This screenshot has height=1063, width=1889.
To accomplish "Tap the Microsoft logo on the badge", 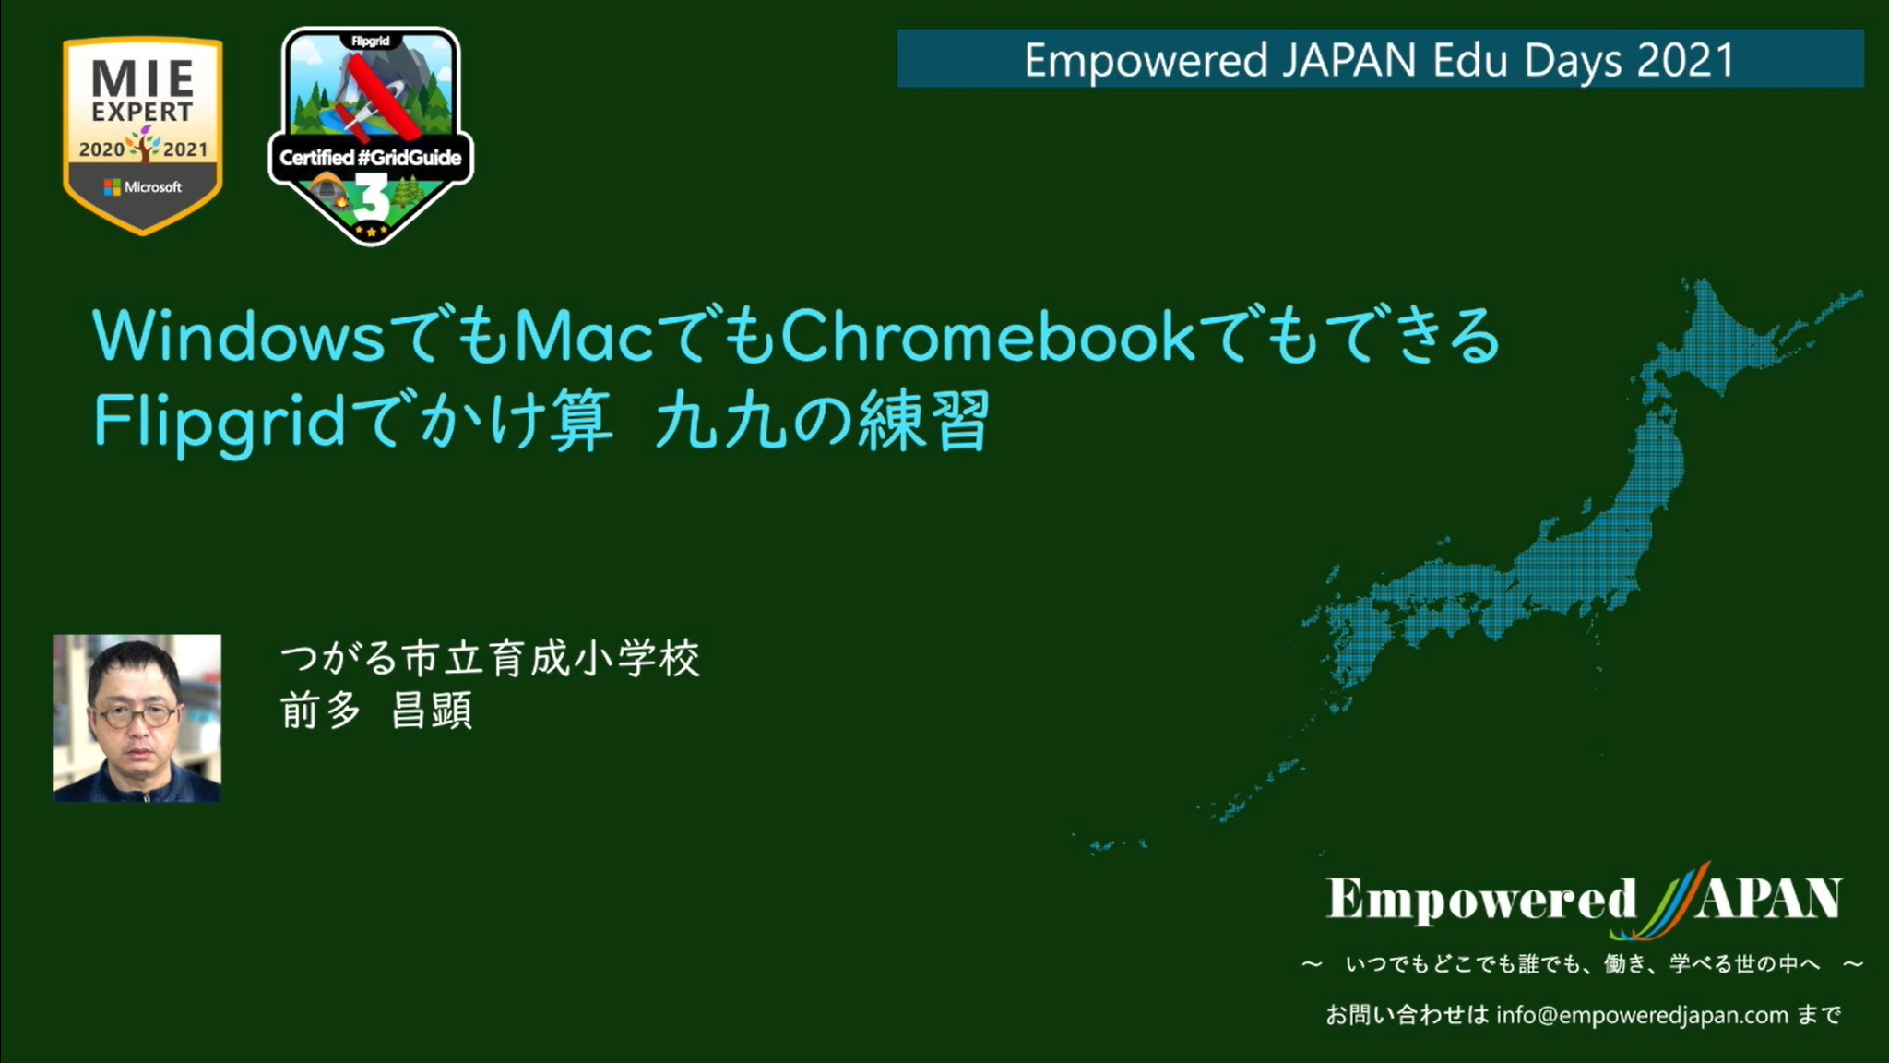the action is (x=112, y=187).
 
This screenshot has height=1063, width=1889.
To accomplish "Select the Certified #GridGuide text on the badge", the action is (x=370, y=158).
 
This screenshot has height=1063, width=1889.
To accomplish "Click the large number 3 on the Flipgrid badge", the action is (x=371, y=198).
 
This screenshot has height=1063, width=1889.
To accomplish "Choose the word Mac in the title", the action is (x=583, y=336).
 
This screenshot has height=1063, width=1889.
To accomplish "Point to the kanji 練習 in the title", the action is (x=923, y=421).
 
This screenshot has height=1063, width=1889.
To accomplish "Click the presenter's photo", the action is (x=137, y=718).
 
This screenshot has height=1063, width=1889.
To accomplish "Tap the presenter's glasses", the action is (x=137, y=714).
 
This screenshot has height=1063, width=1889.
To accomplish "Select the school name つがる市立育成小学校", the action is (x=490, y=659).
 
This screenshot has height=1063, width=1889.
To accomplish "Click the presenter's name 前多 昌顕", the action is (x=376, y=711).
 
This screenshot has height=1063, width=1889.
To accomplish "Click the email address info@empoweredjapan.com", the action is (x=1642, y=1016).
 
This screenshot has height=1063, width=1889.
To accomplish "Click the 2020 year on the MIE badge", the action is (x=101, y=149).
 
